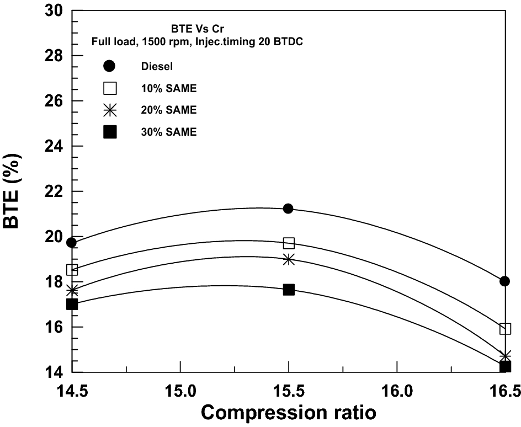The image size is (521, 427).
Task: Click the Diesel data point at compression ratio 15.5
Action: [x=288, y=209]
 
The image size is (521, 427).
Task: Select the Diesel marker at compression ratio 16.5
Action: [x=504, y=281]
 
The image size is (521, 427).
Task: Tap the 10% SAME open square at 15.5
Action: [x=289, y=243]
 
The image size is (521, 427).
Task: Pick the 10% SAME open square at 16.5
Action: [x=505, y=329]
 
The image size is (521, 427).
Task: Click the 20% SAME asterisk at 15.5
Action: [x=289, y=259]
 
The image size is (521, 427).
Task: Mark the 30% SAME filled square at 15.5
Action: [x=289, y=290]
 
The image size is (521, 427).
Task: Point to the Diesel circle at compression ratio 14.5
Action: [x=72, y=242]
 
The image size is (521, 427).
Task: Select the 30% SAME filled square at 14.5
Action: [x=72, y=304]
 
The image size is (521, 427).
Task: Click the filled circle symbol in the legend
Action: [x=110, y=66]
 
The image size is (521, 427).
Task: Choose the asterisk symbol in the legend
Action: [x=110, y=110]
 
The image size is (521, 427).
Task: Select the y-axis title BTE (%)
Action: [x=15, y=191]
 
